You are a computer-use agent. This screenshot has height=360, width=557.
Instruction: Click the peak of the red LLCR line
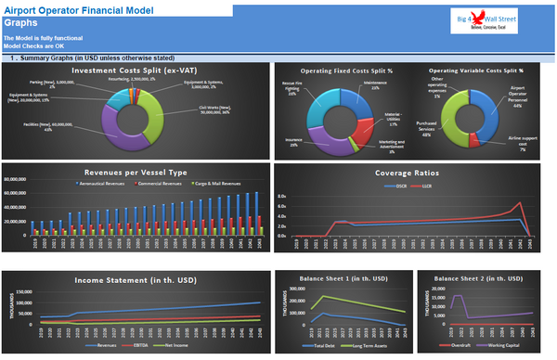[523, 203]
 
